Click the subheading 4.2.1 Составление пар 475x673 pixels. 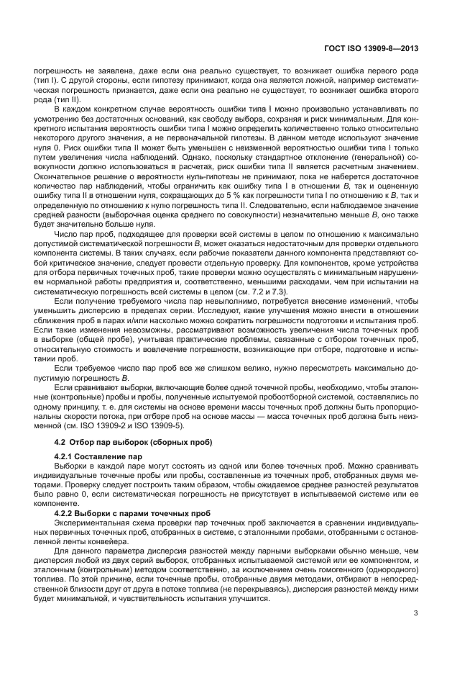(x=99, y=456)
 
